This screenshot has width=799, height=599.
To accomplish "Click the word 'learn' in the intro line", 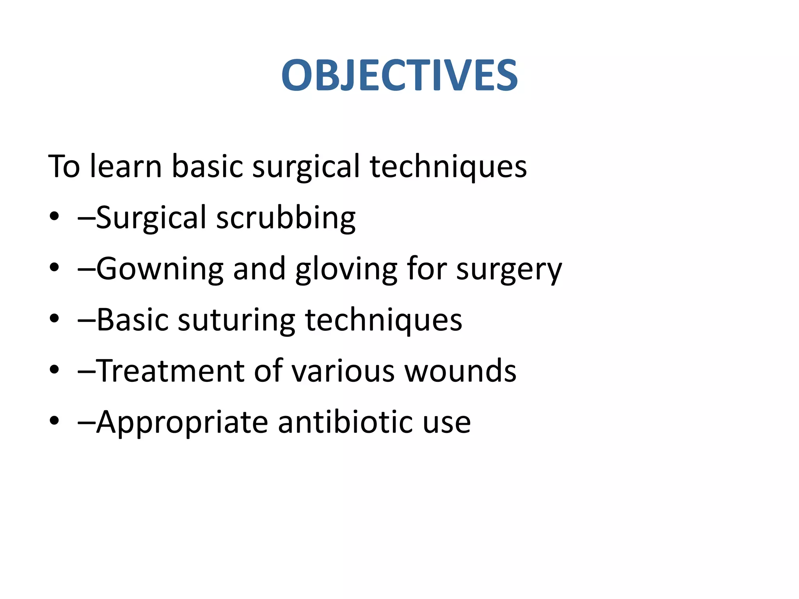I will click(126, 167).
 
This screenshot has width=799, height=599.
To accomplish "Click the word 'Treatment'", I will click(170, 371).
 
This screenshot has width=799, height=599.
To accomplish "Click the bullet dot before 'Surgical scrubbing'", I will click(54, 216).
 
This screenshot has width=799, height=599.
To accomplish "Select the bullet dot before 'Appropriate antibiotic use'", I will click(54, 421).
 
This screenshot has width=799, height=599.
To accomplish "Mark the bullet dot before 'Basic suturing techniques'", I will click(54, 319).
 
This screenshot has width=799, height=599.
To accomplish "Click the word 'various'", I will click(343, 371).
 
